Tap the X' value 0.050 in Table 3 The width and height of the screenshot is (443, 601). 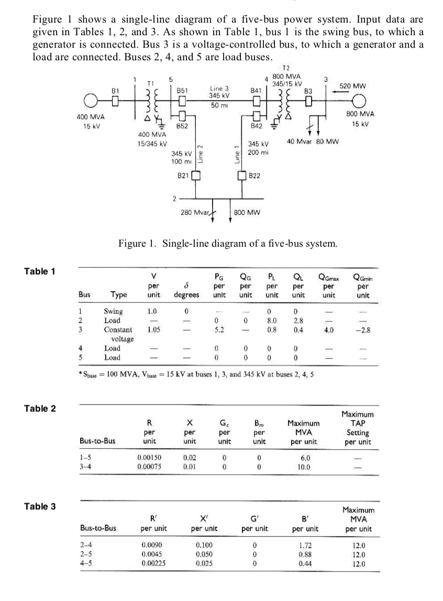coord(204,555)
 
